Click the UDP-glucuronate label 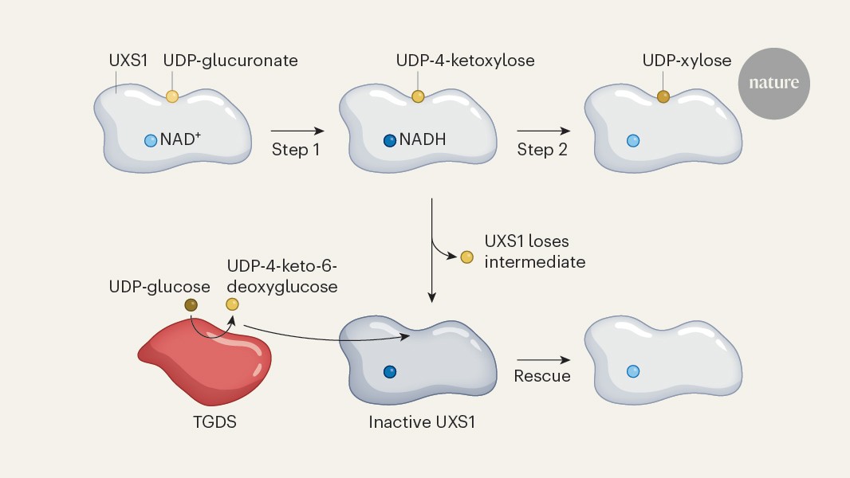230,61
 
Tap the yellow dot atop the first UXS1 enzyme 172,96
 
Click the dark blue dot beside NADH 390,141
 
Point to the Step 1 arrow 297,130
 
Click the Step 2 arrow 543,130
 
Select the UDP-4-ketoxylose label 465,61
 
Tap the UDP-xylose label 687,61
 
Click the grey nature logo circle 773,83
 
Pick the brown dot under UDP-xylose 663,96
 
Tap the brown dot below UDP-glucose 191,304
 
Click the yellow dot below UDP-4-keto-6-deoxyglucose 232,304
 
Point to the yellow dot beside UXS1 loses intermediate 467,257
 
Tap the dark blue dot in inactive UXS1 390,371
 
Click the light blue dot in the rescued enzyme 633,371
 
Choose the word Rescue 542,376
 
